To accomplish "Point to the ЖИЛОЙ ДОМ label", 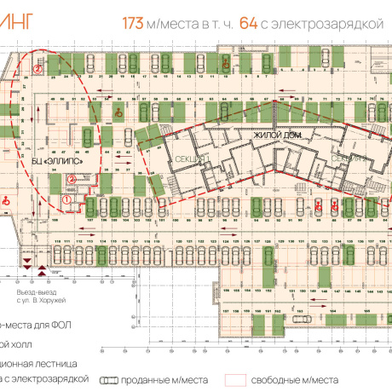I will click(x=270, y=135).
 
